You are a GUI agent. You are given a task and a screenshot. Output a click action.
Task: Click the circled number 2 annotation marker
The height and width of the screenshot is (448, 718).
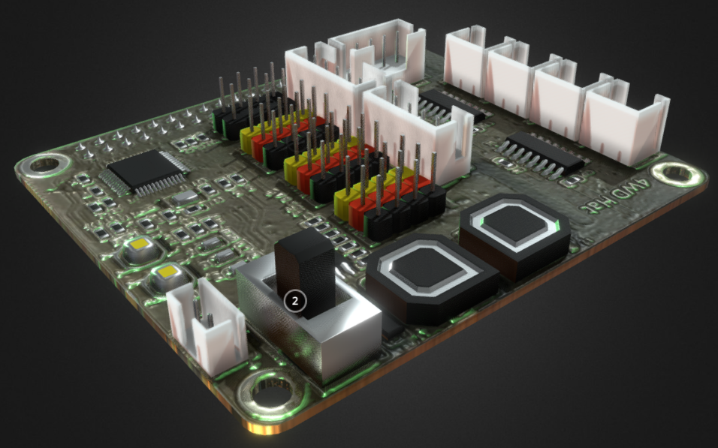[295, 300]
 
